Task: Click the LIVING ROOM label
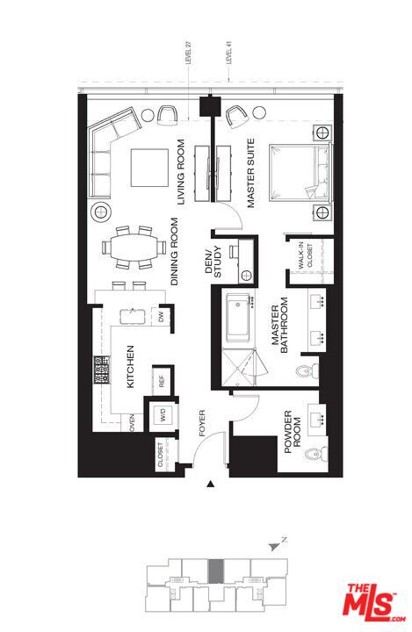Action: click(x=182, y=172)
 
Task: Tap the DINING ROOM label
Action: click(x=175, y=255)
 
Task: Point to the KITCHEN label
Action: click(x=130, y=368)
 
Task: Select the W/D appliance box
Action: click(x=161, y=416)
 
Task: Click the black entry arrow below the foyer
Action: click(x=209, y=484)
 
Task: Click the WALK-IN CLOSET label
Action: click(x=304, y=258)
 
